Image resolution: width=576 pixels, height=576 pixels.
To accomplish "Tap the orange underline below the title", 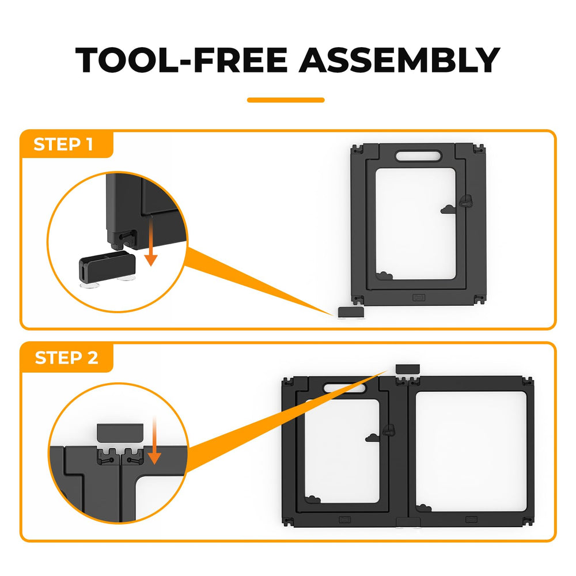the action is [x=286, y=100].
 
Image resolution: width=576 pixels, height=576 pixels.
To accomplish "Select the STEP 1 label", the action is [x=63, y=145].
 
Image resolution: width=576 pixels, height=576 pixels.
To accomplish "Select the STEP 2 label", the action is [x=66, y=358].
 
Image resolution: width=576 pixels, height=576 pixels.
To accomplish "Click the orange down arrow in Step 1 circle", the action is [x=150, y=241].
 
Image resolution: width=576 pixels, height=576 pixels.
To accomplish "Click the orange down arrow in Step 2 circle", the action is [x=154, y=441].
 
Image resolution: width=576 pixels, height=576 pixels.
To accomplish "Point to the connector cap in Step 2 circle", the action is [x=120, y=433].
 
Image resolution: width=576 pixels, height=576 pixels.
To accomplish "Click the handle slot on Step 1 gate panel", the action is [x=418, y=156].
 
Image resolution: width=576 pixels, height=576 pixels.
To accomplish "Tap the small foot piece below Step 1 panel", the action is [x=351, y=312].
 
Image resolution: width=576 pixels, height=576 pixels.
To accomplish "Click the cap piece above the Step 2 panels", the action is [x=408, y=369].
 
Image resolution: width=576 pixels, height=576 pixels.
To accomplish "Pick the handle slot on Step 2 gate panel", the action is [x=344, y=388].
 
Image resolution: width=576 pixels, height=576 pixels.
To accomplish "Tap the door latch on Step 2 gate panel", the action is [x=389, y=430].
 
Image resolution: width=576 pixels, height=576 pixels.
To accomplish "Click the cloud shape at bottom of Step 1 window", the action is [x=384, y=275].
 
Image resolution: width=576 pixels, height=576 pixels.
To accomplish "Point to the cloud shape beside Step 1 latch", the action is [x=448, y=210].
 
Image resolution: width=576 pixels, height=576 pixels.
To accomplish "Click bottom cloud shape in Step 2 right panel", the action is [x=423, y=508].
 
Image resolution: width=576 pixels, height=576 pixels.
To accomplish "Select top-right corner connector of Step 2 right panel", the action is [x=528, y=382].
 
